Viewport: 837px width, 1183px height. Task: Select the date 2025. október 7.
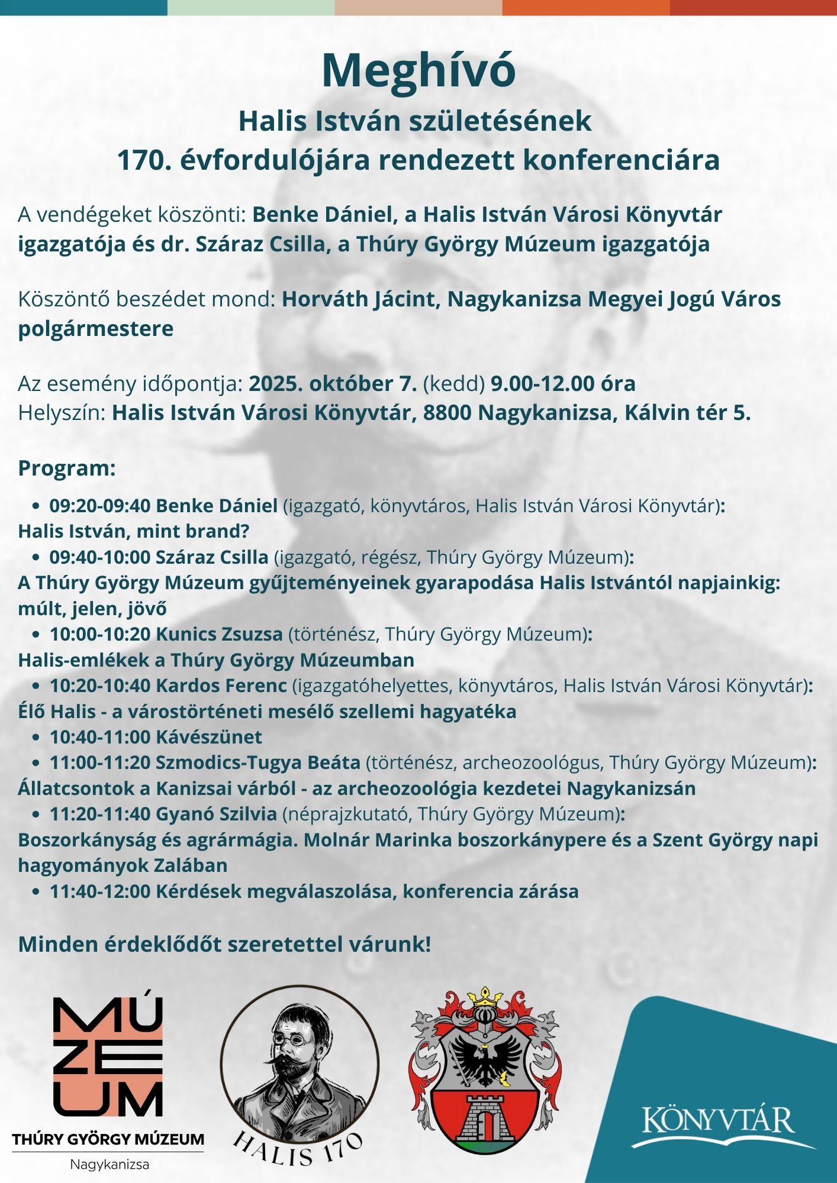(x=333, y=384)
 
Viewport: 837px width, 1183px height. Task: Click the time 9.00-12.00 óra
(x=563, y=384)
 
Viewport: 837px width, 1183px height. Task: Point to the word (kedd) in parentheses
(x=454, y=384)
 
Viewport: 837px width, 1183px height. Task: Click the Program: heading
(x=67, y=468)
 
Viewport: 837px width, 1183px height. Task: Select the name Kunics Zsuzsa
(x=219, y=634)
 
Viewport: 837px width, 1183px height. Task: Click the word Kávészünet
(x=208, y=737)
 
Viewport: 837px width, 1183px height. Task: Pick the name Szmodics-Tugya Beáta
(x=257, y=762)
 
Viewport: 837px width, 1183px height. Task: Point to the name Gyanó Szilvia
(x=216, y=814)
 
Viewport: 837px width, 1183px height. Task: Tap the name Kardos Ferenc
(x=221, y=686)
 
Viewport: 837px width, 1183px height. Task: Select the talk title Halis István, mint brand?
(x=134, y=531)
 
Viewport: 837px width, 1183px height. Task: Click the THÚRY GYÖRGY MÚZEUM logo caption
(x=108, y=1139)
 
